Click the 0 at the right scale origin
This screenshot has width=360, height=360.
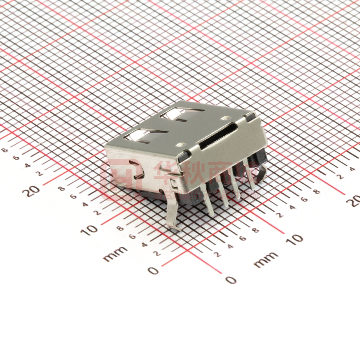pos(231,279)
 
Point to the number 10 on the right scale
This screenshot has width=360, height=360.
pos(295,239)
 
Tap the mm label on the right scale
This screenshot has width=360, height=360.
pos(266,259)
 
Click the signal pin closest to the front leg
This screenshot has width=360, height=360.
pos(208,200)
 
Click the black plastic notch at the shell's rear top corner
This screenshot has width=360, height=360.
pos(251,117)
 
